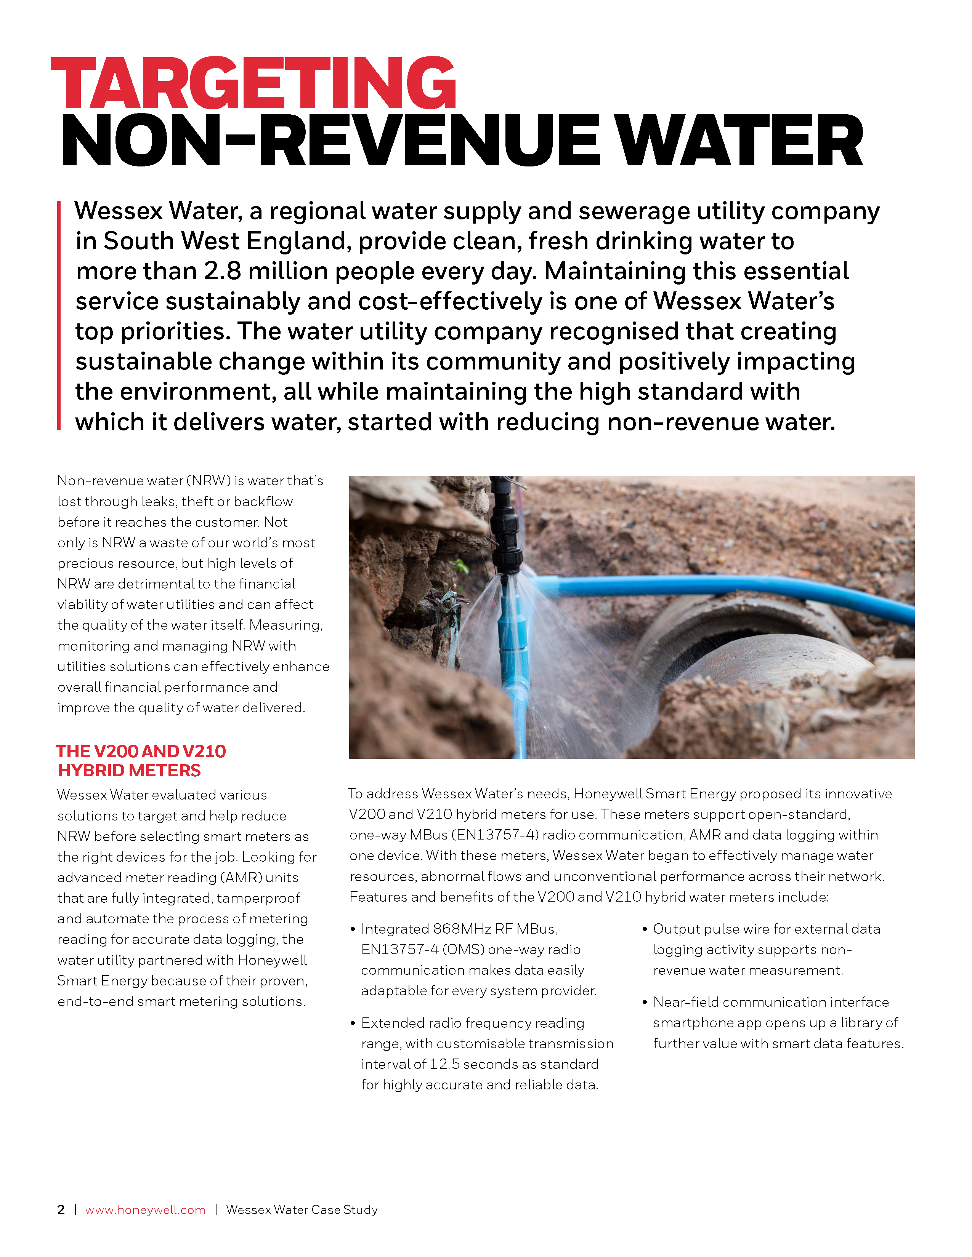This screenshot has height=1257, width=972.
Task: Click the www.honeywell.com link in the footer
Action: click(145, 1209)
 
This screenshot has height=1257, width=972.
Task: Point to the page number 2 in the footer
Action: click(61, 1209)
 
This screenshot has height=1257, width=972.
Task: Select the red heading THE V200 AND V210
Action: click(141, 751)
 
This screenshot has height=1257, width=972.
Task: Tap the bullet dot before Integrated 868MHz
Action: click(353, 929)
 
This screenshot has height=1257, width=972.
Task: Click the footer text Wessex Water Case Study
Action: click(302, 1209)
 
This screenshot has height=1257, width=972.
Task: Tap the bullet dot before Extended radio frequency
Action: click(353, 1024)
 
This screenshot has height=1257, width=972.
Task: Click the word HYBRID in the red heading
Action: click(92, 771)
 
